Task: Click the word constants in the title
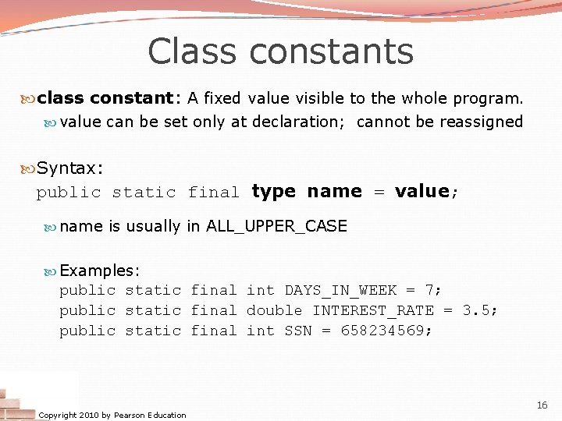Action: [332, 51]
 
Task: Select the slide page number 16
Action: [542, 405]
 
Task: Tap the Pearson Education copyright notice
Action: [112, 415]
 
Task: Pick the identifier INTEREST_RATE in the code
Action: [373, 310]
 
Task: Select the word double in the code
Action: [274, 310]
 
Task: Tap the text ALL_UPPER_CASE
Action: [276, 227]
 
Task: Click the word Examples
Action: [97, 271]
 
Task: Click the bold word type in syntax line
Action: [273, 192]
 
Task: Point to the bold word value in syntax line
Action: [421, 192]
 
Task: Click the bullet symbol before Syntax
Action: [29, 168]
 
